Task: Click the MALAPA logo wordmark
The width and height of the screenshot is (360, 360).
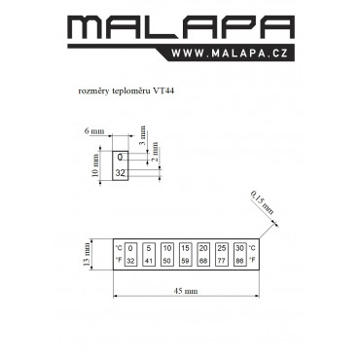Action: (181, 27)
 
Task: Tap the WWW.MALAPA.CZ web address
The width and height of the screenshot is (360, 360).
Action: (230, 54)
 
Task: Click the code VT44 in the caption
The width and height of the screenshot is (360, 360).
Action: (164, 91)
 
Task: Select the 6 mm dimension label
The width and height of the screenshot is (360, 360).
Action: (94, 131)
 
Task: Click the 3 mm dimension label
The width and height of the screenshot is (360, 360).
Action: (143, 135)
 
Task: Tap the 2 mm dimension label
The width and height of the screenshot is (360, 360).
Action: (156, 152)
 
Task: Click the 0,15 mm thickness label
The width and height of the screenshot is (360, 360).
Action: (262, 202)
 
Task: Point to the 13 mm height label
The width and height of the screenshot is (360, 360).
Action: (87, 254)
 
